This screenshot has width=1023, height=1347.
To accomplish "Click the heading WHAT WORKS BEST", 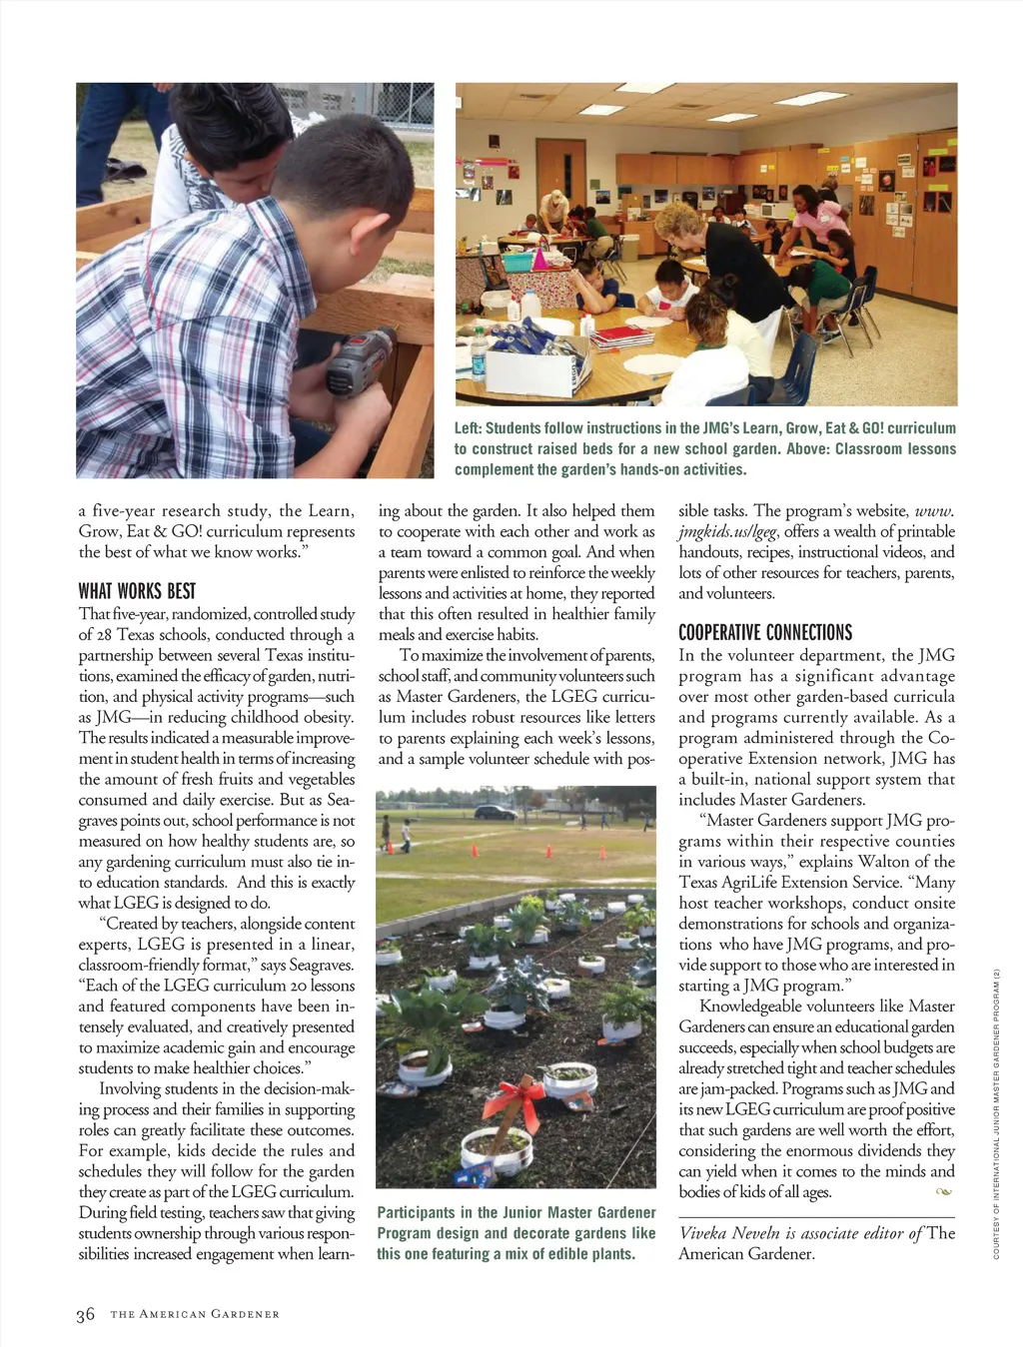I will (x=137, y=591).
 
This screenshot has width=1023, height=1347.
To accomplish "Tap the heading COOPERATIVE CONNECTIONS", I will (x=764, y=632).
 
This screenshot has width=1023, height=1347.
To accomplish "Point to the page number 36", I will (x=86, y=1314).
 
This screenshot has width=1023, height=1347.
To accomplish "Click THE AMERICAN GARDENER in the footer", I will (x=195, y=1314).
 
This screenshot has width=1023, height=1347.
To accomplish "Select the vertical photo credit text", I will (x=996, y=1113).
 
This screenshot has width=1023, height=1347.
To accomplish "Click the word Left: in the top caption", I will (x=469, y=428).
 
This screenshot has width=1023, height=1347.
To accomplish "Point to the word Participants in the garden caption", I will (x=416, y=1212).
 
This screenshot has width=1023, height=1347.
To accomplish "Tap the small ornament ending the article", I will (x=943, y=1191).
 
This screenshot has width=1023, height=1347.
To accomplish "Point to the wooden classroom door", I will (x=558, y=185).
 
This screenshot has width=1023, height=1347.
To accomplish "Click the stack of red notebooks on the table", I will (x=621, y=337).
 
